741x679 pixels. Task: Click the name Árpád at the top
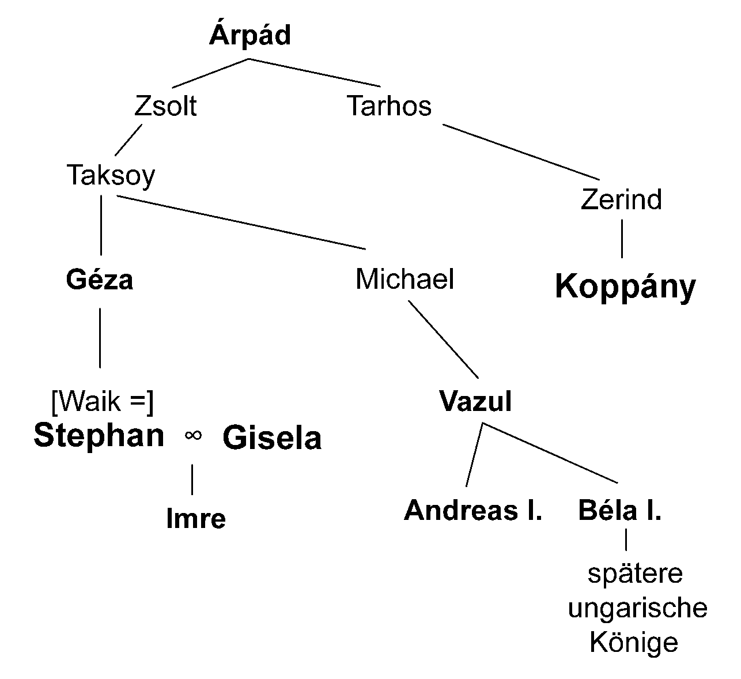249,36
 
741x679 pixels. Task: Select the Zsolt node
165,107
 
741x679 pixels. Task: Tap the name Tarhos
389,107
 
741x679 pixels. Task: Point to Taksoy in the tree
111,175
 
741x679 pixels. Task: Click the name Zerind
621,200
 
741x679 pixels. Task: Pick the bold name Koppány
625,287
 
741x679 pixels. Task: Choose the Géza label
100,280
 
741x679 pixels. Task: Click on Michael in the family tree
405,280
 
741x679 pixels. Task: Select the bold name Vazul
475,402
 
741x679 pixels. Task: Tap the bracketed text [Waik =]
103,402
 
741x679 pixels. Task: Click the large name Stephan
99,436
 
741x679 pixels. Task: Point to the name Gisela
272,438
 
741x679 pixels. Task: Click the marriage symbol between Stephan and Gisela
193,436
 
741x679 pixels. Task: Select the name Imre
196,519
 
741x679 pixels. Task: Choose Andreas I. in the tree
473,511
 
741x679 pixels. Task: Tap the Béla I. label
619,511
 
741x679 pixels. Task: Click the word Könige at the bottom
634,643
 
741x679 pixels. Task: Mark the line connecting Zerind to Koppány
622,239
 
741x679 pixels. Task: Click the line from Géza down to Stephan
100,338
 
